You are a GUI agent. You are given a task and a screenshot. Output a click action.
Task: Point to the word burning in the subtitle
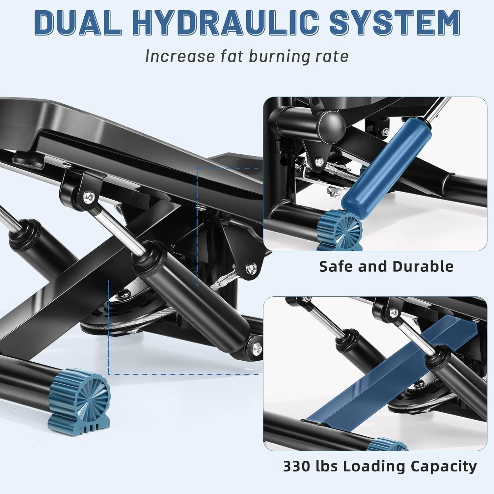(x=276, y=57)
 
